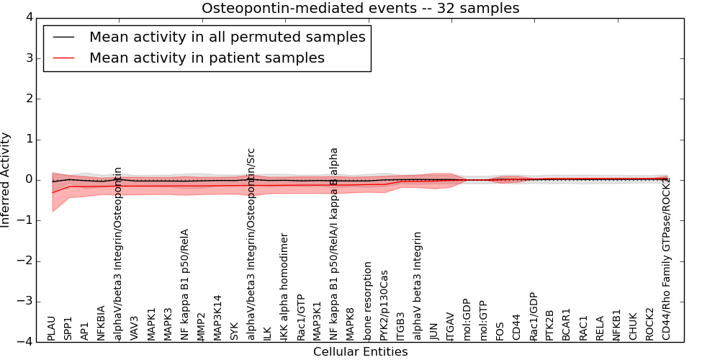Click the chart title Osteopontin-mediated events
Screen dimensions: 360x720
coord(360,9)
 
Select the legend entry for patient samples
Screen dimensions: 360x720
coord(207,58)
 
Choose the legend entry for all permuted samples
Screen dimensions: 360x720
coord(227,37)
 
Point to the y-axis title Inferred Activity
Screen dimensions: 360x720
coord(6,180)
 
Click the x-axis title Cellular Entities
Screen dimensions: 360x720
coord(360,352)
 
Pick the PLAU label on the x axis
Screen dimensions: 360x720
coord(52,328)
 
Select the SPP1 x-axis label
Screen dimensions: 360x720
coord(68,328)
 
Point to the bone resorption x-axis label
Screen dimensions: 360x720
coord(367,301)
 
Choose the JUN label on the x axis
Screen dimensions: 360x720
coord(433,330)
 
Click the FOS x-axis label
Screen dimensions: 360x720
coord(500,330)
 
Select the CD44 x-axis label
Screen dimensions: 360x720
coord(516,328)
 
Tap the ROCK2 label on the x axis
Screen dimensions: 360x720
coord(649,325)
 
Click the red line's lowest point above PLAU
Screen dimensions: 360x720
coord(52,192)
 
